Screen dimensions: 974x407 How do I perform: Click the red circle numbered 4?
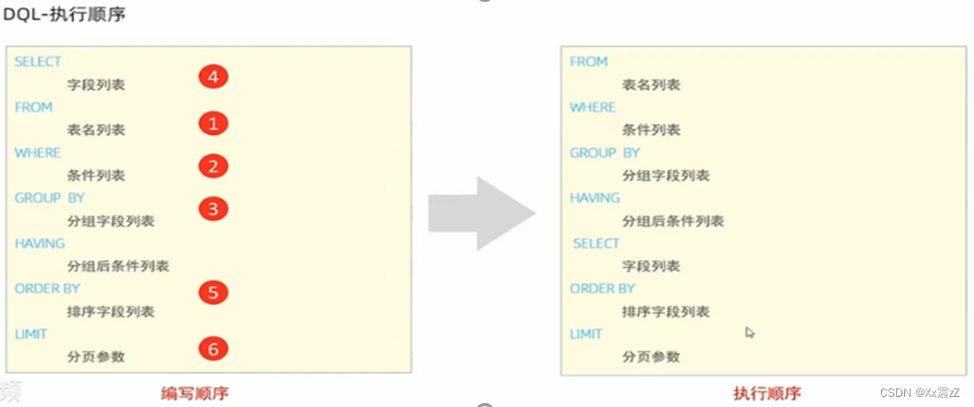(213, 77)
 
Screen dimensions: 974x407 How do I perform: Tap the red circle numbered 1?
(213, 123)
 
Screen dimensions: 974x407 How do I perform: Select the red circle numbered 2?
(213, 166)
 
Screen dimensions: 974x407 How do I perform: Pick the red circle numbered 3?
(213, 208)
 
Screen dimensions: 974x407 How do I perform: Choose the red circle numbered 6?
(213, 349)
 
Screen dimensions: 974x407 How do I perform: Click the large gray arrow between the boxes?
(481, 213)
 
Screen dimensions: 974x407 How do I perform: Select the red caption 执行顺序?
(767, 393)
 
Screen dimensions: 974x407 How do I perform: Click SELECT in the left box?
(38, 61)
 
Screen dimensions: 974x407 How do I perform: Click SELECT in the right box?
(596, 243)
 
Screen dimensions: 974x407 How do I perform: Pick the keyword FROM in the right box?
(588, 61)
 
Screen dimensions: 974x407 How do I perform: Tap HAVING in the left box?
(40, 243)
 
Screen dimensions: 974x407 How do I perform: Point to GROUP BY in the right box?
(605, 152)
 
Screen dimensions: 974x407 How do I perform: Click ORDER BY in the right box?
(602, 289)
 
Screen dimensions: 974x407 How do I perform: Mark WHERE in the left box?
(37, 152)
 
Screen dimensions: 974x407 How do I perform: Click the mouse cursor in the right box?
(750, 332)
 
